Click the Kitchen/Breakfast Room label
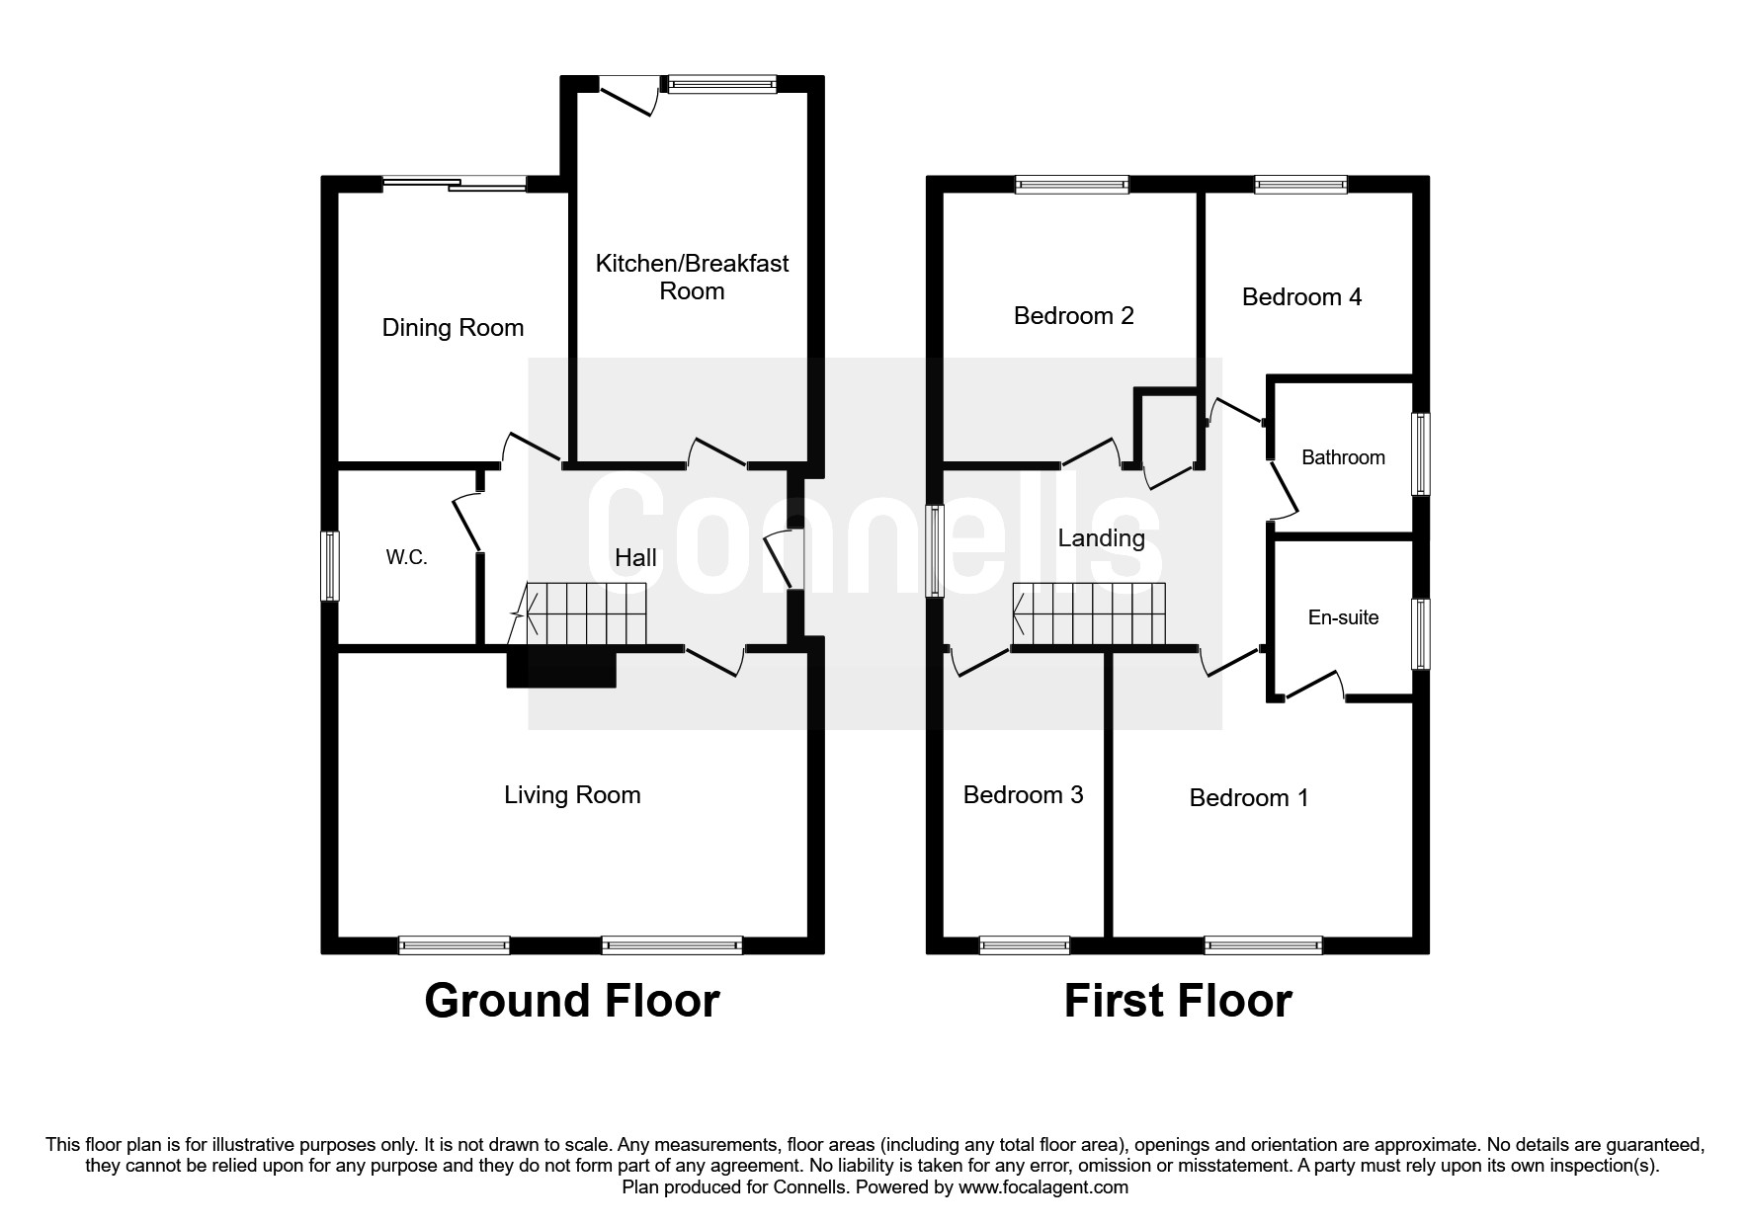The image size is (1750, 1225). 692,277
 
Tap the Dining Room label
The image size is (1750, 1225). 453,328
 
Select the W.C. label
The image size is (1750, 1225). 406,557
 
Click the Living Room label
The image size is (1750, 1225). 572,795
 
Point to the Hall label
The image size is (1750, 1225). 635,558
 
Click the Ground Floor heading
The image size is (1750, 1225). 571,1001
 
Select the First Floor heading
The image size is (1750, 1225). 1177,1001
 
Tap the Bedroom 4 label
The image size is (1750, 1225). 1301,297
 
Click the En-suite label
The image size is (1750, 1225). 1343,617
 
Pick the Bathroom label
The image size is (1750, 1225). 1343,457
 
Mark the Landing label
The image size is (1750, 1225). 1101,538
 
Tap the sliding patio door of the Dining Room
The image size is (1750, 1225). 455,184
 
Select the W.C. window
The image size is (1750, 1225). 330,566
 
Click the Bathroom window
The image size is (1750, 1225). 1421,454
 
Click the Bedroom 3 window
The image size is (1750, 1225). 1024,945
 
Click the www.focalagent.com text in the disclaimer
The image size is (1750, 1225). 1042,1187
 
